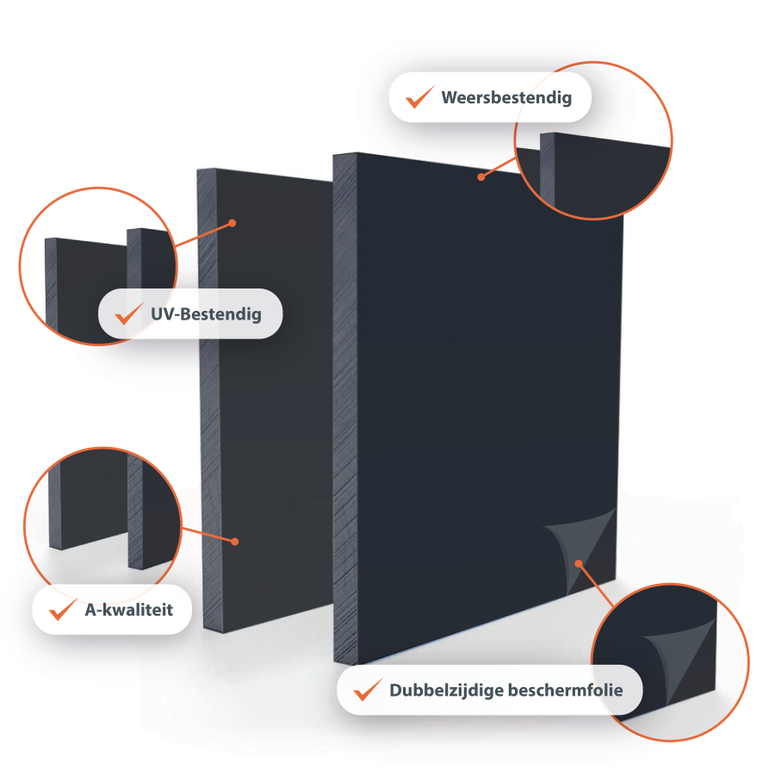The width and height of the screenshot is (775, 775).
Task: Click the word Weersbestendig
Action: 506,98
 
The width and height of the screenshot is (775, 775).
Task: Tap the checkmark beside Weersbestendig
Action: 419,96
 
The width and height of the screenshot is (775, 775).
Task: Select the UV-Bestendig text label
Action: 206,314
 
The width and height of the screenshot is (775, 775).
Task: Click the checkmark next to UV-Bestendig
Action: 129,313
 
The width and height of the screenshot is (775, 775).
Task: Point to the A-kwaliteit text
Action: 129,610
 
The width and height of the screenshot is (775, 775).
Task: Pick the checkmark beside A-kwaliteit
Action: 63,609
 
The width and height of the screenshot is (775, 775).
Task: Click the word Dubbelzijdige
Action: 446,691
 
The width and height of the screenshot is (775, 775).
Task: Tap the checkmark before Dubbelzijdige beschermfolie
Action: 369,690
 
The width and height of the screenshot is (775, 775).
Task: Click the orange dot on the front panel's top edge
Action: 480,177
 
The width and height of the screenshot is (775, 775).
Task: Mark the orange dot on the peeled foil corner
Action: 579,563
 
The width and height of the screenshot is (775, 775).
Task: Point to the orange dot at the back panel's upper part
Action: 232,223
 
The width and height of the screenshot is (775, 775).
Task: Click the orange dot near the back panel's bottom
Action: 235,542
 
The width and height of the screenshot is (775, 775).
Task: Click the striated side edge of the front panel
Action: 345,408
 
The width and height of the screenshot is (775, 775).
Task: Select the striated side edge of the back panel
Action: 210,400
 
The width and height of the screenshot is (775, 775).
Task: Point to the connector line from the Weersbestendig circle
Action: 499,168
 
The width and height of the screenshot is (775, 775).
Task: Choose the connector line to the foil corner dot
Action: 596,586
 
